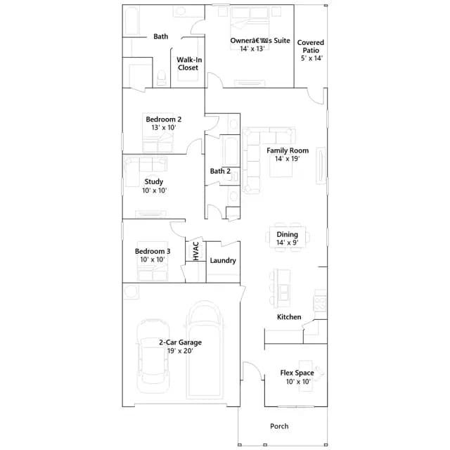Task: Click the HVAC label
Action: [x=196, y=251]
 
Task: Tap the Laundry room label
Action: [x=223, y=261]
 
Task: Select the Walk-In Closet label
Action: [x=189, y=64]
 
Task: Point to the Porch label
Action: [x=279, y=426]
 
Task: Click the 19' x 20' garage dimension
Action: [x=180, y=351]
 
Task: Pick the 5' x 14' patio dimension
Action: [x=311, y=58]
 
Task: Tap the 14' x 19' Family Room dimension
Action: [x=288, y=159]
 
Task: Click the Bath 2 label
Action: [x=220, y=172]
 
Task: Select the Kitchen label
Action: [x=289, y=317]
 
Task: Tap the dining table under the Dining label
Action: [x=288, y=237]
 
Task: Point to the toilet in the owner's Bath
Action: [x=162, y=78]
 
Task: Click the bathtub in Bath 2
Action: [x=231, y=152]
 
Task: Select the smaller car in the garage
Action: [x=153, y=356]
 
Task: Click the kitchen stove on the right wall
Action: [x=321, y=300]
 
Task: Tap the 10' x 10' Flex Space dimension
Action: [x=298, y=381]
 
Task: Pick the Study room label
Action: [x=154, y=181]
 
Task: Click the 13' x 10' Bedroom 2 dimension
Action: [x=164, y=127]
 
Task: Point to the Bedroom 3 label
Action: [x=153, y=252]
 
